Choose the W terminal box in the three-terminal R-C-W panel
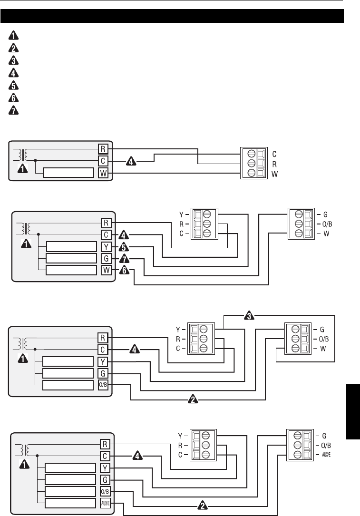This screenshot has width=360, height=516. [103, 173]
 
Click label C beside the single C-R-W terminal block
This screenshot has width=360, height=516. [274, 155]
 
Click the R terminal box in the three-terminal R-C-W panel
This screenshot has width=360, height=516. [103, 148]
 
